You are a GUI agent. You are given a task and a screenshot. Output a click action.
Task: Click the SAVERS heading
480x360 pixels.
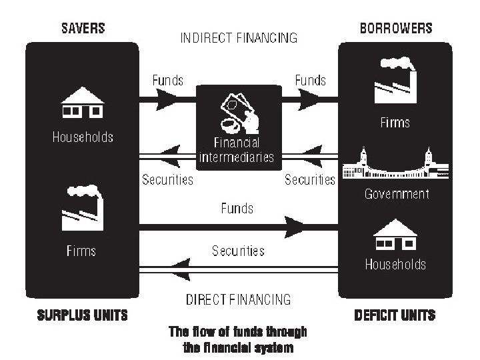[83, 29]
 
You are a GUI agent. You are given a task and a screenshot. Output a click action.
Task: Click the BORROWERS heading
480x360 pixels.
[396, 29]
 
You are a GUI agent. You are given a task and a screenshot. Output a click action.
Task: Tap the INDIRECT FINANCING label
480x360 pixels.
[239, 38]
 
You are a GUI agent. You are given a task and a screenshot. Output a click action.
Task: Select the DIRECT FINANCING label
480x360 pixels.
[239, 299]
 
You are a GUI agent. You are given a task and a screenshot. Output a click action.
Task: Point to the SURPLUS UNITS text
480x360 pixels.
[82, 315]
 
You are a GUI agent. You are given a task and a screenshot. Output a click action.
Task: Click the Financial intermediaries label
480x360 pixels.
[237, 151]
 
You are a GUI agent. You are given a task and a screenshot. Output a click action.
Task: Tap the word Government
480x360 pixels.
[396, 195]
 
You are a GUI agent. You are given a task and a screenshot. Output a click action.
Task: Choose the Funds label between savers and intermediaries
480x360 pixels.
[168, 81]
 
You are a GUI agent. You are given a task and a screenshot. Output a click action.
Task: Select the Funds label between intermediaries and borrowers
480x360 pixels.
[311, 81]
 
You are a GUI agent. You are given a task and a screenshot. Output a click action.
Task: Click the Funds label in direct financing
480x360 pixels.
[237, 209]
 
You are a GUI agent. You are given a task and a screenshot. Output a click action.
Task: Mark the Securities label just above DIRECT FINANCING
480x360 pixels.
[238, 251]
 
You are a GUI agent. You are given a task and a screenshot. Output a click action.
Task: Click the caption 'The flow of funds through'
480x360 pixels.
[238, 332]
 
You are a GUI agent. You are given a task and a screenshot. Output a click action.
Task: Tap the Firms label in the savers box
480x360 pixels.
[81, 251]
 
